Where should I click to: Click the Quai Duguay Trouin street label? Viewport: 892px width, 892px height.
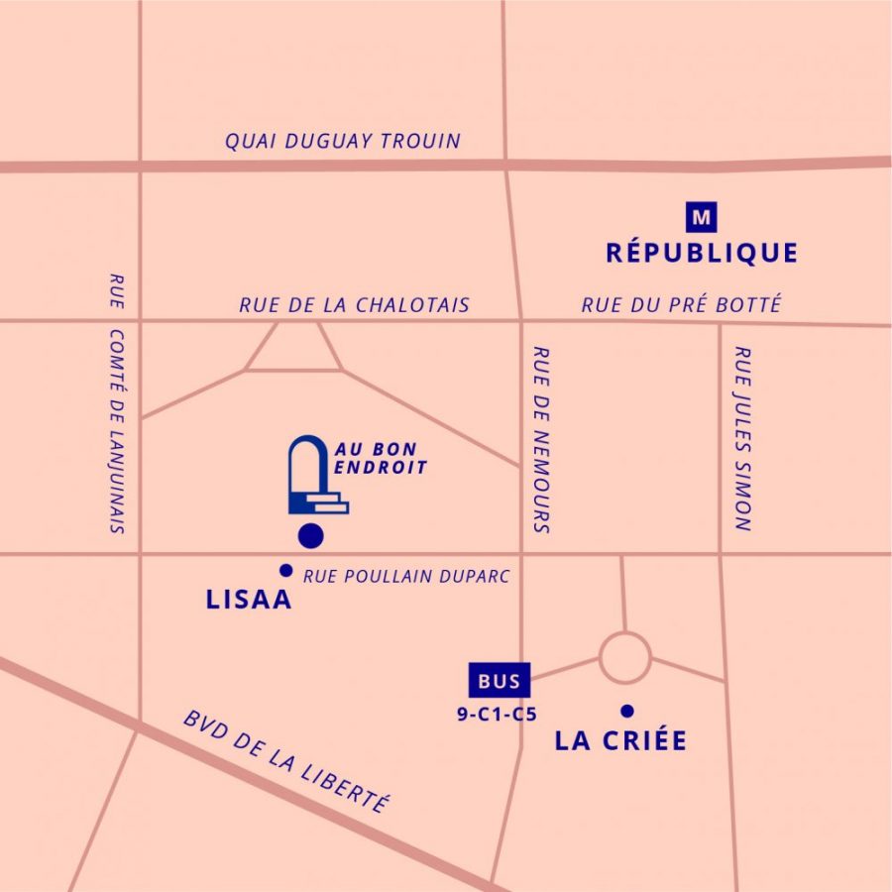[x=343, y=141]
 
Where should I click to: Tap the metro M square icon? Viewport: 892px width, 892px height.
[x=703, y=215]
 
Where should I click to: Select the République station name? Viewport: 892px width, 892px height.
[x=702, y=254]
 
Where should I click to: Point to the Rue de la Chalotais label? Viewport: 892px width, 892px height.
[x=354, y=305]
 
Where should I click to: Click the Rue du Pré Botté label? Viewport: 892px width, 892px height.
[x=681, y=305]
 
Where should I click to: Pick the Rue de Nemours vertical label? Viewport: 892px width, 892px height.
[x=541, y=439]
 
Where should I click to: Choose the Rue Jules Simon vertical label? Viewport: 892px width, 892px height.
[x=742, y=437]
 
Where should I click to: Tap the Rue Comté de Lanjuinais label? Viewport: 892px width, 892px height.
[x=117, y=403]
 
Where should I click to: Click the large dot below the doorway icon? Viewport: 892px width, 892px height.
[x=311, y=536]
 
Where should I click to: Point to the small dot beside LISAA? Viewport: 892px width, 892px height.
[x=286, y=570]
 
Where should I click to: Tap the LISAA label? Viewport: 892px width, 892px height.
[x=249, y=600]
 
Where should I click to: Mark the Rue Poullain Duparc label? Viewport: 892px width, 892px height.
[x=406, y=576]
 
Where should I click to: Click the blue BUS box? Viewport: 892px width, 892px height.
[x=499, y=681]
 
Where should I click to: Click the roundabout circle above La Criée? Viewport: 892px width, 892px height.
[x=625, y=657]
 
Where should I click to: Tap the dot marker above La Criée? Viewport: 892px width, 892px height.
[x=626, y=710]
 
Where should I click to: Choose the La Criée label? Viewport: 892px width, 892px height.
[x=620, y=741]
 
